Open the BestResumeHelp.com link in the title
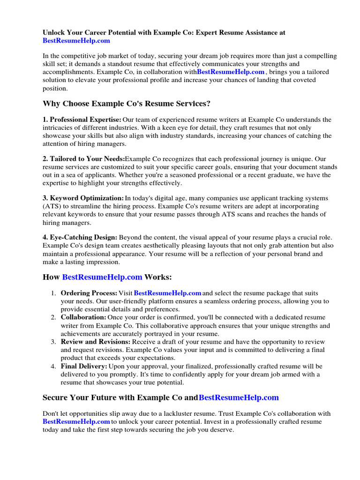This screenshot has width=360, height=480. pyautogui.click(x=76, y=41)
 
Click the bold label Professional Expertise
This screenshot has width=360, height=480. pyautogui.click(x=82, y=120)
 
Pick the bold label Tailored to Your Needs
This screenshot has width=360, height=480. pyautogui.click(x=83, y=159)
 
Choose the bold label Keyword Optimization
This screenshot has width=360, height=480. pyautogui.click(x=83, y=198)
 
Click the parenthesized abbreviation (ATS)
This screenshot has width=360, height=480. pyautogui.click(x=52, y=206)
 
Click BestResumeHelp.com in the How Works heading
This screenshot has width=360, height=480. pyautogui.click(x=102, y=277)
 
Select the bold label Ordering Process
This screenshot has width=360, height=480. pyautogui.click(x=89, y=293)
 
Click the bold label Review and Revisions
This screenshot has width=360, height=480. pyautogui.click(x=96, y=342)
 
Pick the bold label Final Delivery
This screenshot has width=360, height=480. pyautogui.click(x=84, y=366)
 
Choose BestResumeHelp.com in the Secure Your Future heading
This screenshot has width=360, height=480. pyautogui.click(x=239, y=397)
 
